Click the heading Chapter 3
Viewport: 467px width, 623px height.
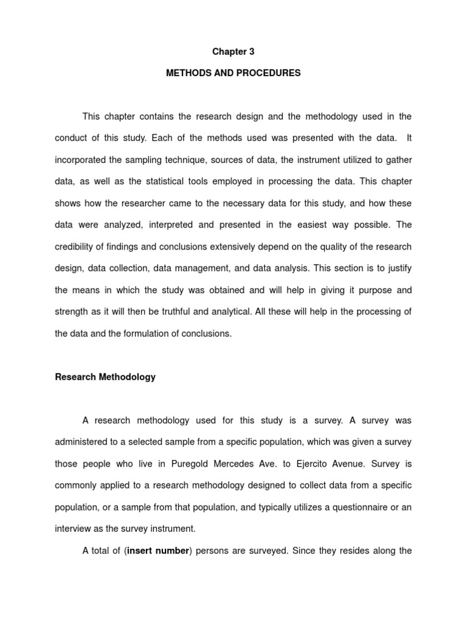click(233, 52)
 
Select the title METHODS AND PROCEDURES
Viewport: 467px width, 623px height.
click(233, 73)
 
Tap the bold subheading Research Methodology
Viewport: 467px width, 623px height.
click(105, 377)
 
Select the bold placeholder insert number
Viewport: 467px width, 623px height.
click(157, 551)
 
